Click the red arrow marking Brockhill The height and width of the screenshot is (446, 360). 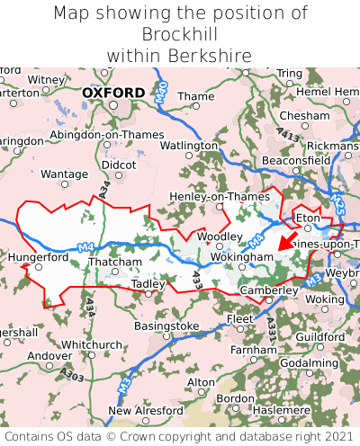(289, 240)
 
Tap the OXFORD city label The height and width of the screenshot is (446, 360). (112, 93)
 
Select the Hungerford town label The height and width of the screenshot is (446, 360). (38, 256)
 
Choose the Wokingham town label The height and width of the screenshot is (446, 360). (241, 257)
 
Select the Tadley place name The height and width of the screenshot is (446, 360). (148, 283)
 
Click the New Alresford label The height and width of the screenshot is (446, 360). (145, 411)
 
